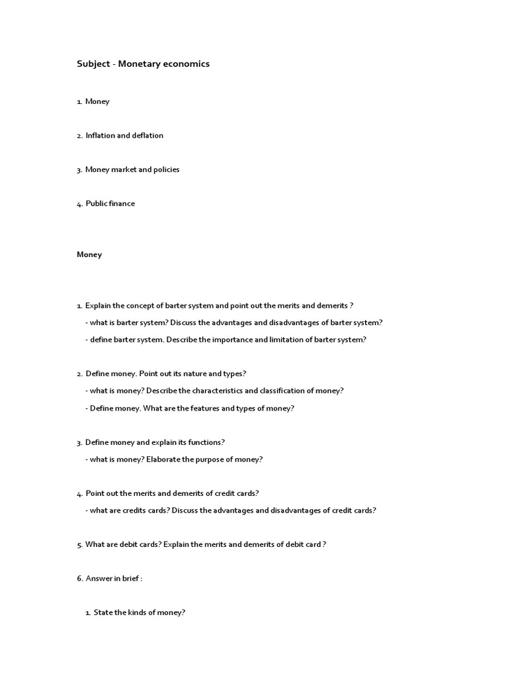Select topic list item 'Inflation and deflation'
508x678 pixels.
pos(124,136)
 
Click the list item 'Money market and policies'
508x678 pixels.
pos(132,169)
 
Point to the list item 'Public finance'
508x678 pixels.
pos(110,204)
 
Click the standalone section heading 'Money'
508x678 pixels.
pos(89,254)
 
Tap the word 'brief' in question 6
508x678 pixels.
pos(128,579)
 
